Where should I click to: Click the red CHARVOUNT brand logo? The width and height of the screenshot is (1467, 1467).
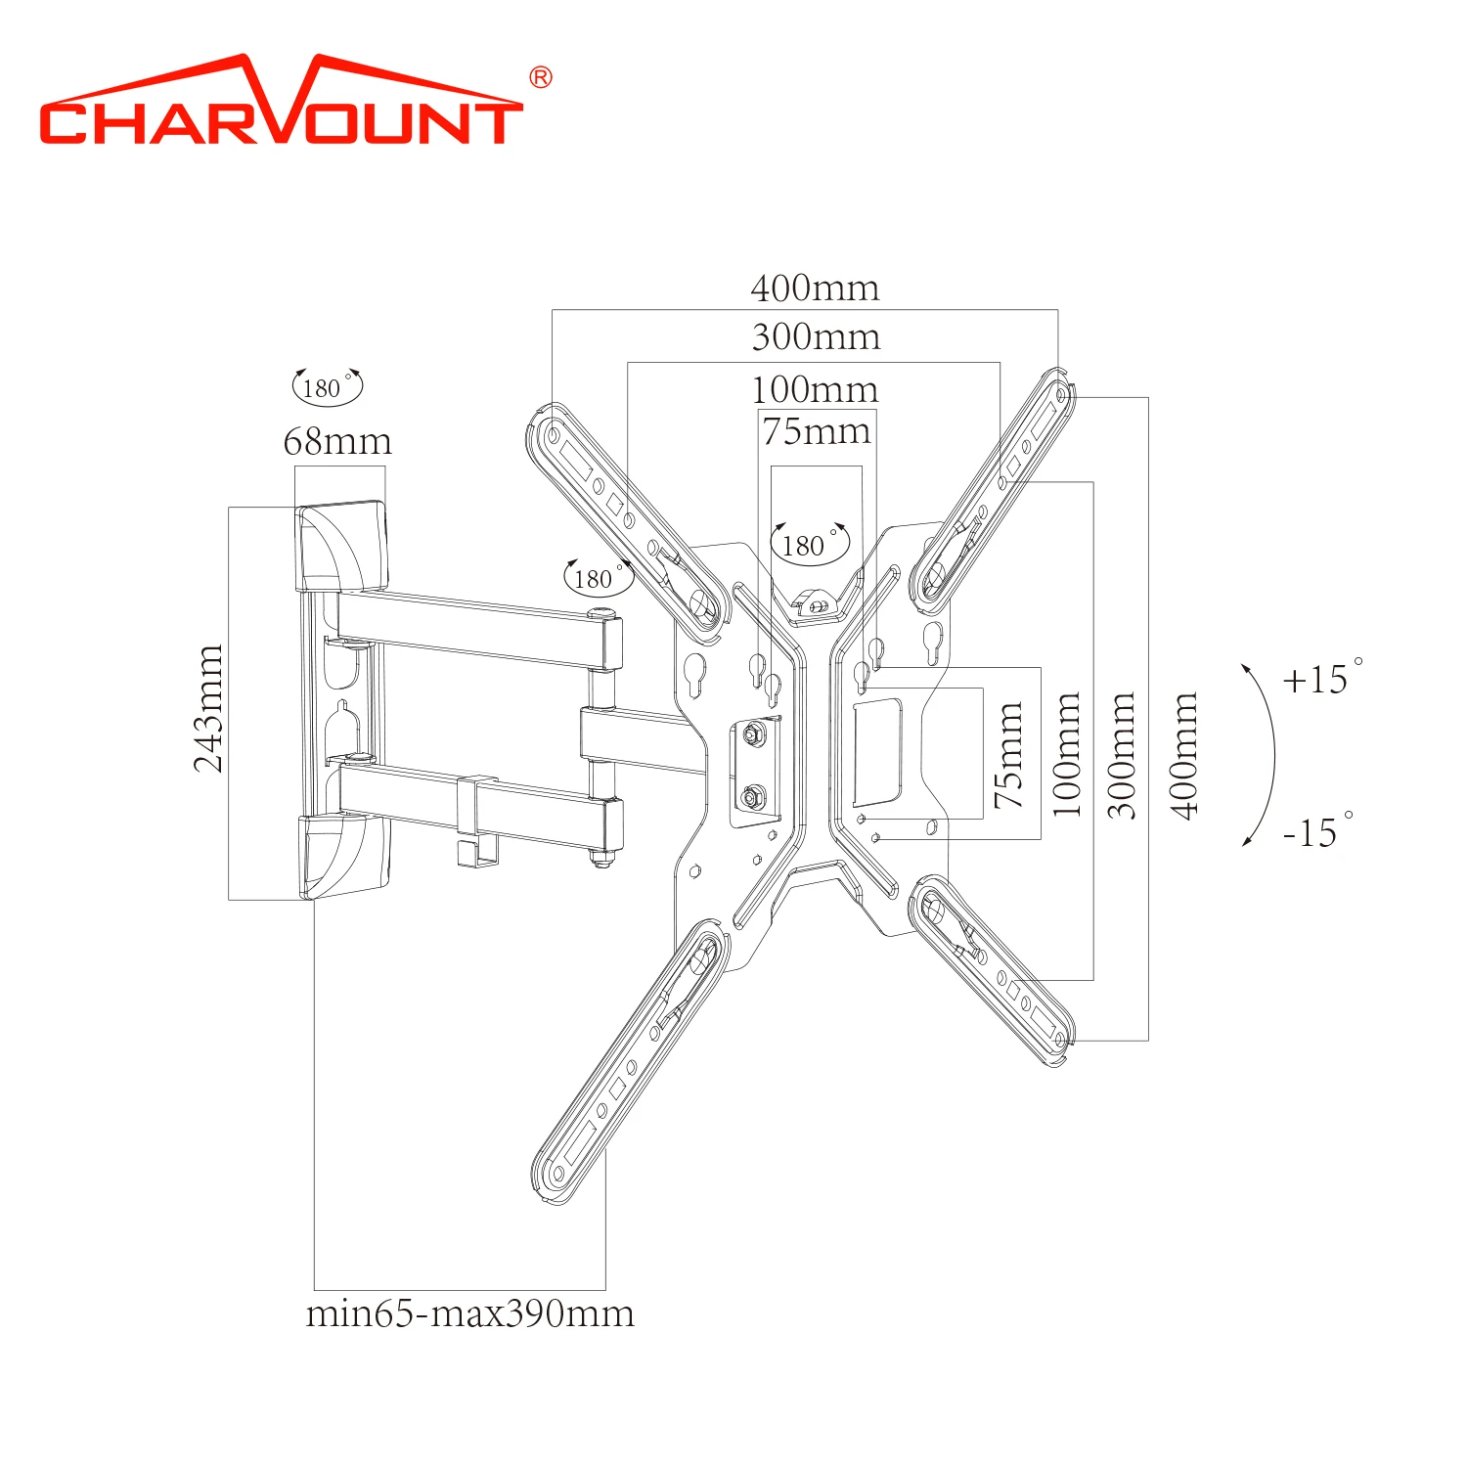tap(281, 103)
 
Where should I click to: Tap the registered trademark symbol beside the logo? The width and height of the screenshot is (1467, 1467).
tap(540, 78)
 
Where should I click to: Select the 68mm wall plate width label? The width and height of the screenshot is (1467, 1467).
tap(337, 442)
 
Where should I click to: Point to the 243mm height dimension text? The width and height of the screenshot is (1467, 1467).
tap(208, 708)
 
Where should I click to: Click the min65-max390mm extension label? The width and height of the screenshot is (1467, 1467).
tap(469, 1313)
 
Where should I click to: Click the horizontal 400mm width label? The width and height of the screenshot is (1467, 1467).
tap(815, 289)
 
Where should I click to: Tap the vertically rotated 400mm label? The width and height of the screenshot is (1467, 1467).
tap(1184, 755)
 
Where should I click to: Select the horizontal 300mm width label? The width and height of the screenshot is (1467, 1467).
tap(816, 337)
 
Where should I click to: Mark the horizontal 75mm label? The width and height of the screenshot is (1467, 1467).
tap(816, 431)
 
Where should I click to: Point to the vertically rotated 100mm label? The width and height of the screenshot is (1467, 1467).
tap(1067, 755)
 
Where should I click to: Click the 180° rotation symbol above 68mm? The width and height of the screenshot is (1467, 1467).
tap(327, 387)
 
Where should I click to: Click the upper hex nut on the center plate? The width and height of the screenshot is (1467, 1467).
tap(752, 733)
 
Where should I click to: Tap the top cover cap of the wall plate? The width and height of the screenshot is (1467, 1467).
tap(342, 546)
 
